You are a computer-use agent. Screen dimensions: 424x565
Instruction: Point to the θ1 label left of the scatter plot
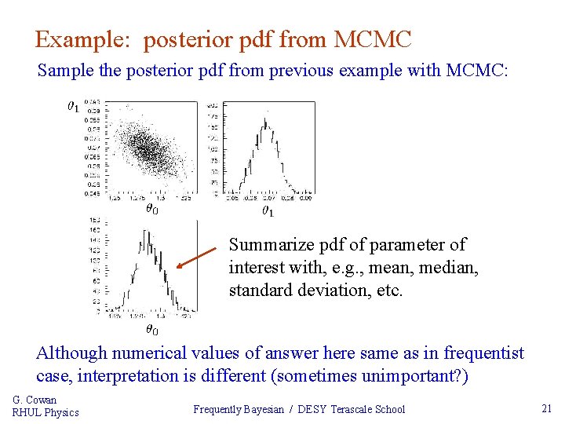coord(72,105)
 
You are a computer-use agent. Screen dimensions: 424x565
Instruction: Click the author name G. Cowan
coord(35,400)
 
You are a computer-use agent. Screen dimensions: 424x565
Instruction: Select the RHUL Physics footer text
coord(46,412)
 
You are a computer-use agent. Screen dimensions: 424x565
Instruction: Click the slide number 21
coord(547,408)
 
